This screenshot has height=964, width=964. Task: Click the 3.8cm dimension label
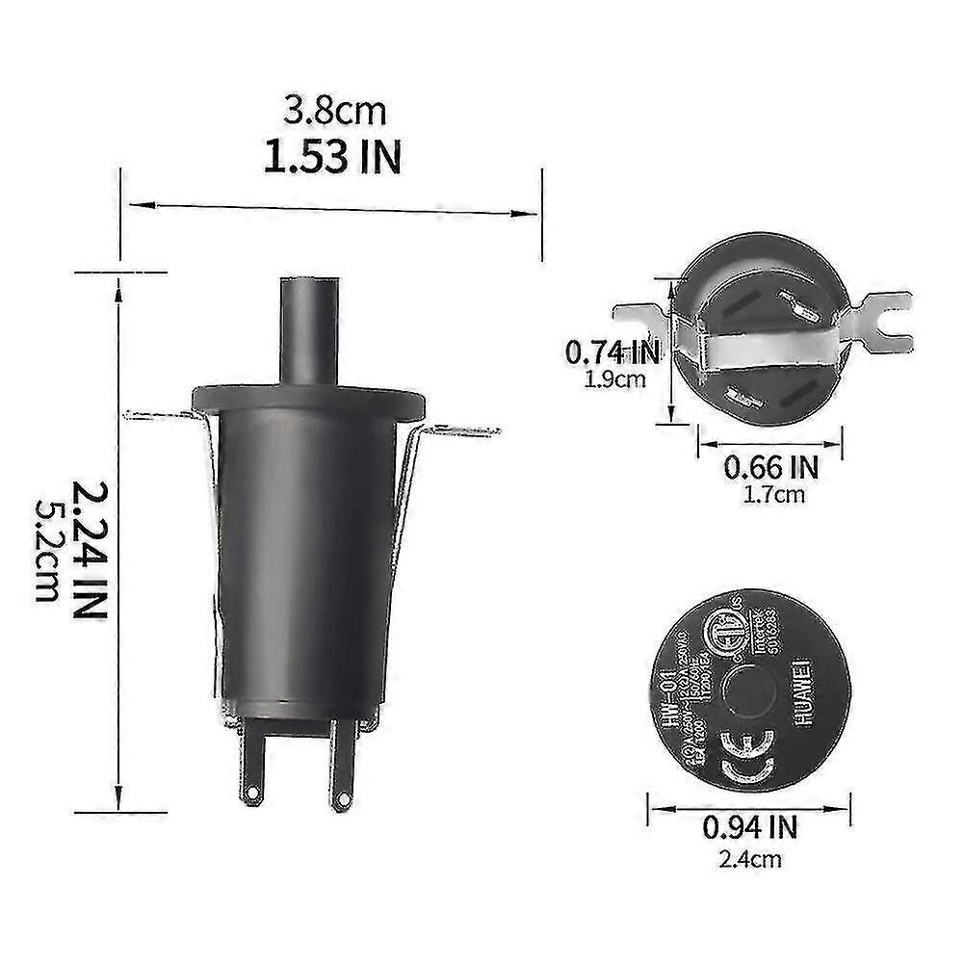point(334,112)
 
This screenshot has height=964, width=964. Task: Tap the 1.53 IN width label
point(332,157)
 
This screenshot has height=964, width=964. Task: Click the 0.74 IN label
point(613,352)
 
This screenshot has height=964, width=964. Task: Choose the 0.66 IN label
point(770,468)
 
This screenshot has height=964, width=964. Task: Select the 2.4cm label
point(749,858)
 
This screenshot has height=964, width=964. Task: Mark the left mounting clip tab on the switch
point(159,416)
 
